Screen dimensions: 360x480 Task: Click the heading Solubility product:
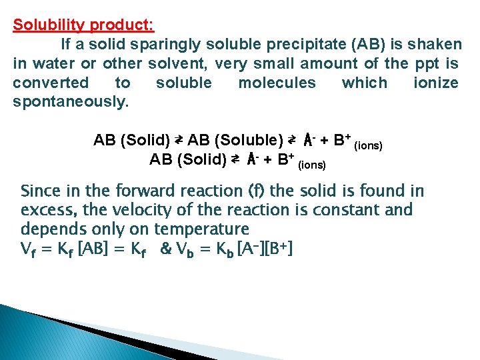pyautogui.click(x=83, y=25)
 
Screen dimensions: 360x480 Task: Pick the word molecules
pyautogui.click(x=277, y=83)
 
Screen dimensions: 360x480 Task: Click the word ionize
pyautogui.click(x=435, y=83)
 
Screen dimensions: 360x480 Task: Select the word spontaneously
pyautogui.click(x=71, y=102)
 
